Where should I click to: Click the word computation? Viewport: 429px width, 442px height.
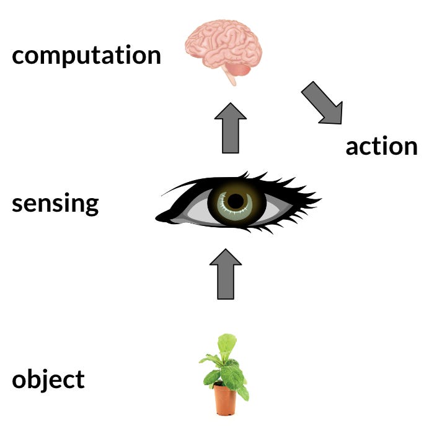[86, 56]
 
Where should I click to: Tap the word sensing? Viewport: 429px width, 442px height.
[55, 204]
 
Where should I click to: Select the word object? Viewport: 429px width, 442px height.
[48, 379]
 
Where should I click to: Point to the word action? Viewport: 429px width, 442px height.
[381, 147]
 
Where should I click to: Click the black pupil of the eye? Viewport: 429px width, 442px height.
[236, 201]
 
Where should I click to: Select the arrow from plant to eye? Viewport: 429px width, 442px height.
[225, 275]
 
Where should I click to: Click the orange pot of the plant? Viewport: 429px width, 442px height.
[225, 400]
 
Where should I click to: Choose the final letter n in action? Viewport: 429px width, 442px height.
[410, 147]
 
